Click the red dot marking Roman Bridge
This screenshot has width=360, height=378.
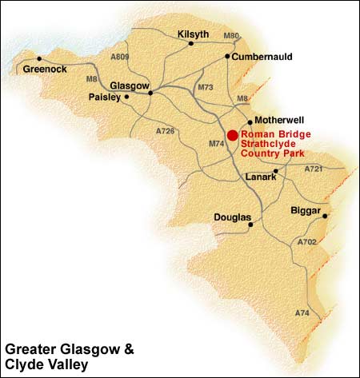tap(232, 136)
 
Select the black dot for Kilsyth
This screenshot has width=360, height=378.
tap(190, 44)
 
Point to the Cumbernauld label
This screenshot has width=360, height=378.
tap(261, 57)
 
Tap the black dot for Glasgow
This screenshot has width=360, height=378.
tap(150, 93)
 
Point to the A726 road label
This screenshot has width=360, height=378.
tap(166, 129)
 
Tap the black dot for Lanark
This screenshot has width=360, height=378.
tap(275, 171)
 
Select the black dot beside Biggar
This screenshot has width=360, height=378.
tap(326, 216)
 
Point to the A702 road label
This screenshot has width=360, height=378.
tap(306, 241)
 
